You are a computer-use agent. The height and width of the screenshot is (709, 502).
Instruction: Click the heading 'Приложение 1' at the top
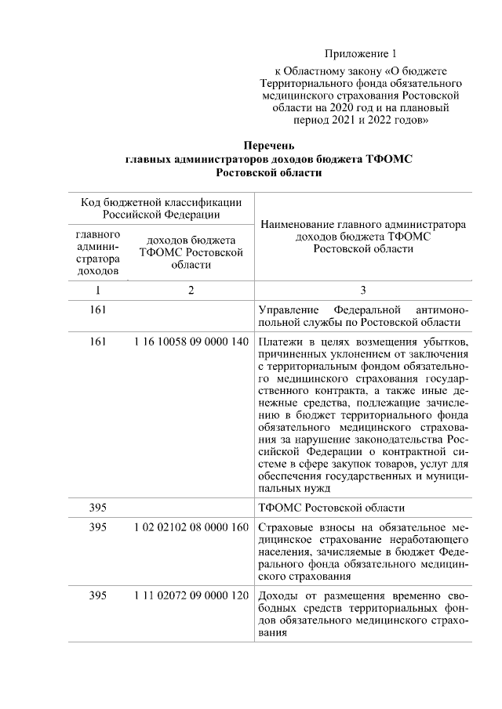click(362, 54)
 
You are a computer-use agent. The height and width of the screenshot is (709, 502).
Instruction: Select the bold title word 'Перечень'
click(269, 146)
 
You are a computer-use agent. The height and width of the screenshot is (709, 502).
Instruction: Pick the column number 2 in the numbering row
click(191, 291)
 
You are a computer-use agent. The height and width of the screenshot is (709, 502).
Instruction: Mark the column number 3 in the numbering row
click(362, 291)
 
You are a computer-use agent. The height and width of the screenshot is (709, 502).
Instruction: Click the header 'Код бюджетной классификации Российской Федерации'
click(161, 208)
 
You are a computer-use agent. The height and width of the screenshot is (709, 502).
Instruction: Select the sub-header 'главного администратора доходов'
click(98, 253)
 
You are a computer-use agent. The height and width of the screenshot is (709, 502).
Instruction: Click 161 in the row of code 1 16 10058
click(98, 343)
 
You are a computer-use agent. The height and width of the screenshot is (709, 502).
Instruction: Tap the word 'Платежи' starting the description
click(280, 343)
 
